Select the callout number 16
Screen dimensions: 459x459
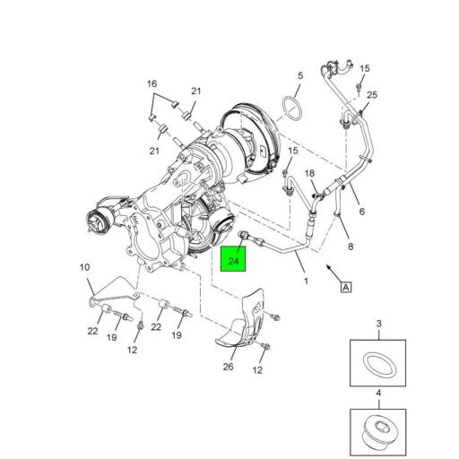point(152,84)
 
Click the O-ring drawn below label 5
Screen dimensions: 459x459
point(289,108)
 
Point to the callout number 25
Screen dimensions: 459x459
point(372,95)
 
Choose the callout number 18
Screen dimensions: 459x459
point(309,173)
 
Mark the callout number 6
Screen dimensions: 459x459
point(361,212)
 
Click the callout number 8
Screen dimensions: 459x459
point(351,244)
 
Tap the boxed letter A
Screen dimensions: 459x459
point(344,287)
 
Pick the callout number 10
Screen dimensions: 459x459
point(85,266)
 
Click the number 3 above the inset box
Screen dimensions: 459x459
point(378,323)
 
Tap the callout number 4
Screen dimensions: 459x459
point(378,393)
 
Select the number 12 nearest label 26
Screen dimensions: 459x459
point(257,370)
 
